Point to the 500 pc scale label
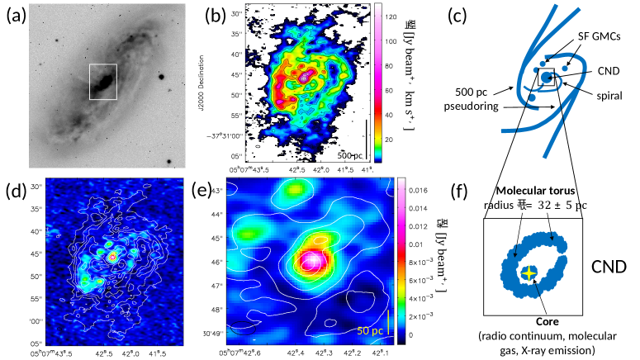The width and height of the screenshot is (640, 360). [353, 154]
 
